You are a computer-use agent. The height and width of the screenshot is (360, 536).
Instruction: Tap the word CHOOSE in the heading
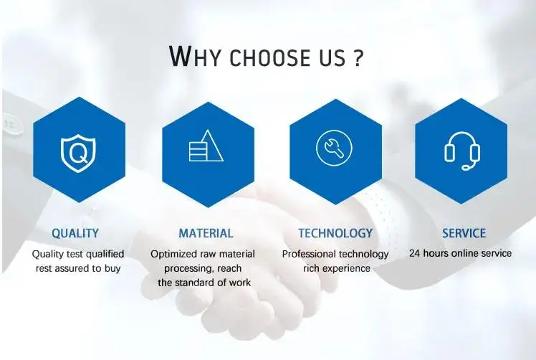269,57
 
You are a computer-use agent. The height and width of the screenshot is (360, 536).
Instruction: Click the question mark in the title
357,57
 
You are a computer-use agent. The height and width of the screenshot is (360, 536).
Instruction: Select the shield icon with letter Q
79,153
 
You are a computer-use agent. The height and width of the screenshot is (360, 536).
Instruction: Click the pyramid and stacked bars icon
206,146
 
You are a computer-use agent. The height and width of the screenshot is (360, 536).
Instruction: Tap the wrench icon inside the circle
334,148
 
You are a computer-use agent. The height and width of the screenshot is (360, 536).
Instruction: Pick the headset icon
461,151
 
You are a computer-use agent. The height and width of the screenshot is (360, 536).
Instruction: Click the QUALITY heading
75,233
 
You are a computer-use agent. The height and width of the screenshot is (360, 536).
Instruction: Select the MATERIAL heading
206,233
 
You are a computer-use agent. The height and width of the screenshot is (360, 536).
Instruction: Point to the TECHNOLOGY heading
335,233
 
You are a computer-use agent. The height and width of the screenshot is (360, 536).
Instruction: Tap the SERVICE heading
464,233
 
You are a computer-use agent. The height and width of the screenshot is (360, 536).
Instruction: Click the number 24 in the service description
415,253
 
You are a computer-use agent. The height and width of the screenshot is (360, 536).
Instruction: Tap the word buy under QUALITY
113,269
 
